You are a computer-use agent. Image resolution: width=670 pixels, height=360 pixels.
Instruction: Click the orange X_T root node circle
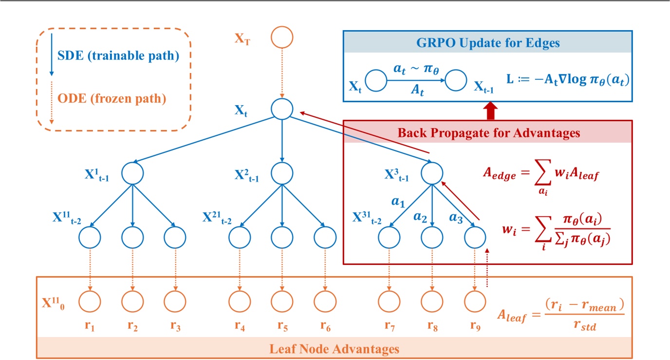tap(282, 38)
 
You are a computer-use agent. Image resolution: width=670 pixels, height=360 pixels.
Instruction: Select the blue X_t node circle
tap(282, 109)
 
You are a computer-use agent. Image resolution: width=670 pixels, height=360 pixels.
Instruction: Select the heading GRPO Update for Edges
tap(488, 43)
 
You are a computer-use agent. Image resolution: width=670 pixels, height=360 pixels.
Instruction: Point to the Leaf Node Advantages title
tap(334, 349)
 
